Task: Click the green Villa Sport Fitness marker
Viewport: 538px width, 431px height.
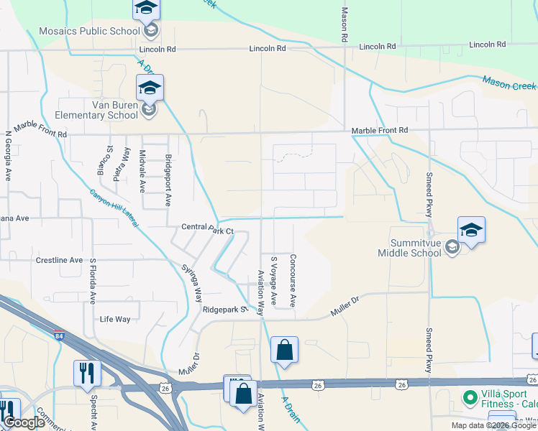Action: (470, 397)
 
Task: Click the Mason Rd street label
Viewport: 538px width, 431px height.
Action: (345, 24)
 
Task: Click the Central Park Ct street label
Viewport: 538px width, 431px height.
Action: (208, 230)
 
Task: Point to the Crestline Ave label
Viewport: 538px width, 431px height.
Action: (59, 260)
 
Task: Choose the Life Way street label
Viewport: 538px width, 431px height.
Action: (115, 319)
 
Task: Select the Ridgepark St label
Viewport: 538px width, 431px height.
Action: (224, 310)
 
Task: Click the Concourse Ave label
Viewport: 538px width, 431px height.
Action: (293, 280)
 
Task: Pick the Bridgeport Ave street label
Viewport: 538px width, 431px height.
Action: (168, 180)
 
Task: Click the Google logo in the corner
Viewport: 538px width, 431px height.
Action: (24, 422)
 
